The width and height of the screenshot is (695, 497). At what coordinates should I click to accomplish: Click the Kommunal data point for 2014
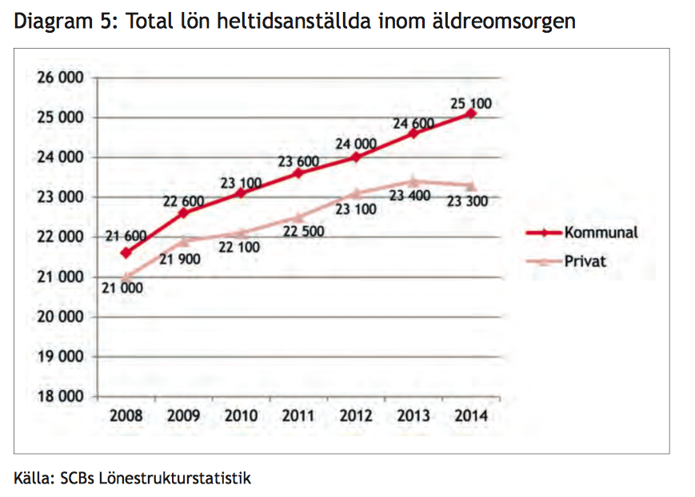[x=471, y=113]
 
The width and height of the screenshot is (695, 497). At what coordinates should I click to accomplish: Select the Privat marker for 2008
[x=126, y=276]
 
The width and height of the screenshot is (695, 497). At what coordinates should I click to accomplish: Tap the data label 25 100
[x=469, y=103]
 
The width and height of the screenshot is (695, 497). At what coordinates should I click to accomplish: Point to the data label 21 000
[x=122, y=288]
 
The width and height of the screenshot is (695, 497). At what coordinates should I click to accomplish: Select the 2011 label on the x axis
[x=298, y=415]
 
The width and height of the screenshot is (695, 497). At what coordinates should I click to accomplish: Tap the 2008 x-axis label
[x=126, y=415]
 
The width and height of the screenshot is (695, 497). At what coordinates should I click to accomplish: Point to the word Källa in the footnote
[x=33, y=479]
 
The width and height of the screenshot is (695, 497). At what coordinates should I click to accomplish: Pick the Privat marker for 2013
[x=413, y=181]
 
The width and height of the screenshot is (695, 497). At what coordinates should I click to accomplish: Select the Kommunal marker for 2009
[x=183, y=213]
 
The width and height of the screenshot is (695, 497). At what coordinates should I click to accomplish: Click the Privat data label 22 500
[x=302, y=232]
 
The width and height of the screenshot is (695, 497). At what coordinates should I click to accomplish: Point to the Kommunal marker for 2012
[x=356, y=157]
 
